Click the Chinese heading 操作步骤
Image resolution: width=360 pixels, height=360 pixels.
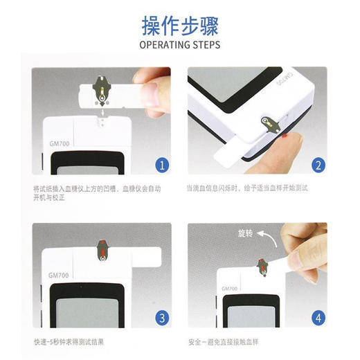(x=180, y=27)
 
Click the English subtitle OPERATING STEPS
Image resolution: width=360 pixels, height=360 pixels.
(x=180, y=45)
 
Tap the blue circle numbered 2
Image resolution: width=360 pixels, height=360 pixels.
(x=318, y=165)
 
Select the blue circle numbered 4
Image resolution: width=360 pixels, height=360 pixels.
(x=318, y=318)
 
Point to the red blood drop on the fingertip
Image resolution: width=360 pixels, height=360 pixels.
(x=286, y=138)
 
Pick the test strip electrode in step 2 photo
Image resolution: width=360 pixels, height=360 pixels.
(x=269, y=124)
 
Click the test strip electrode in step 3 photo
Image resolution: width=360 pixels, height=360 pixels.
(x=103, y=251)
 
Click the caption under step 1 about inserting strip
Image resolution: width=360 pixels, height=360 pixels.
(x=97, y=192)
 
